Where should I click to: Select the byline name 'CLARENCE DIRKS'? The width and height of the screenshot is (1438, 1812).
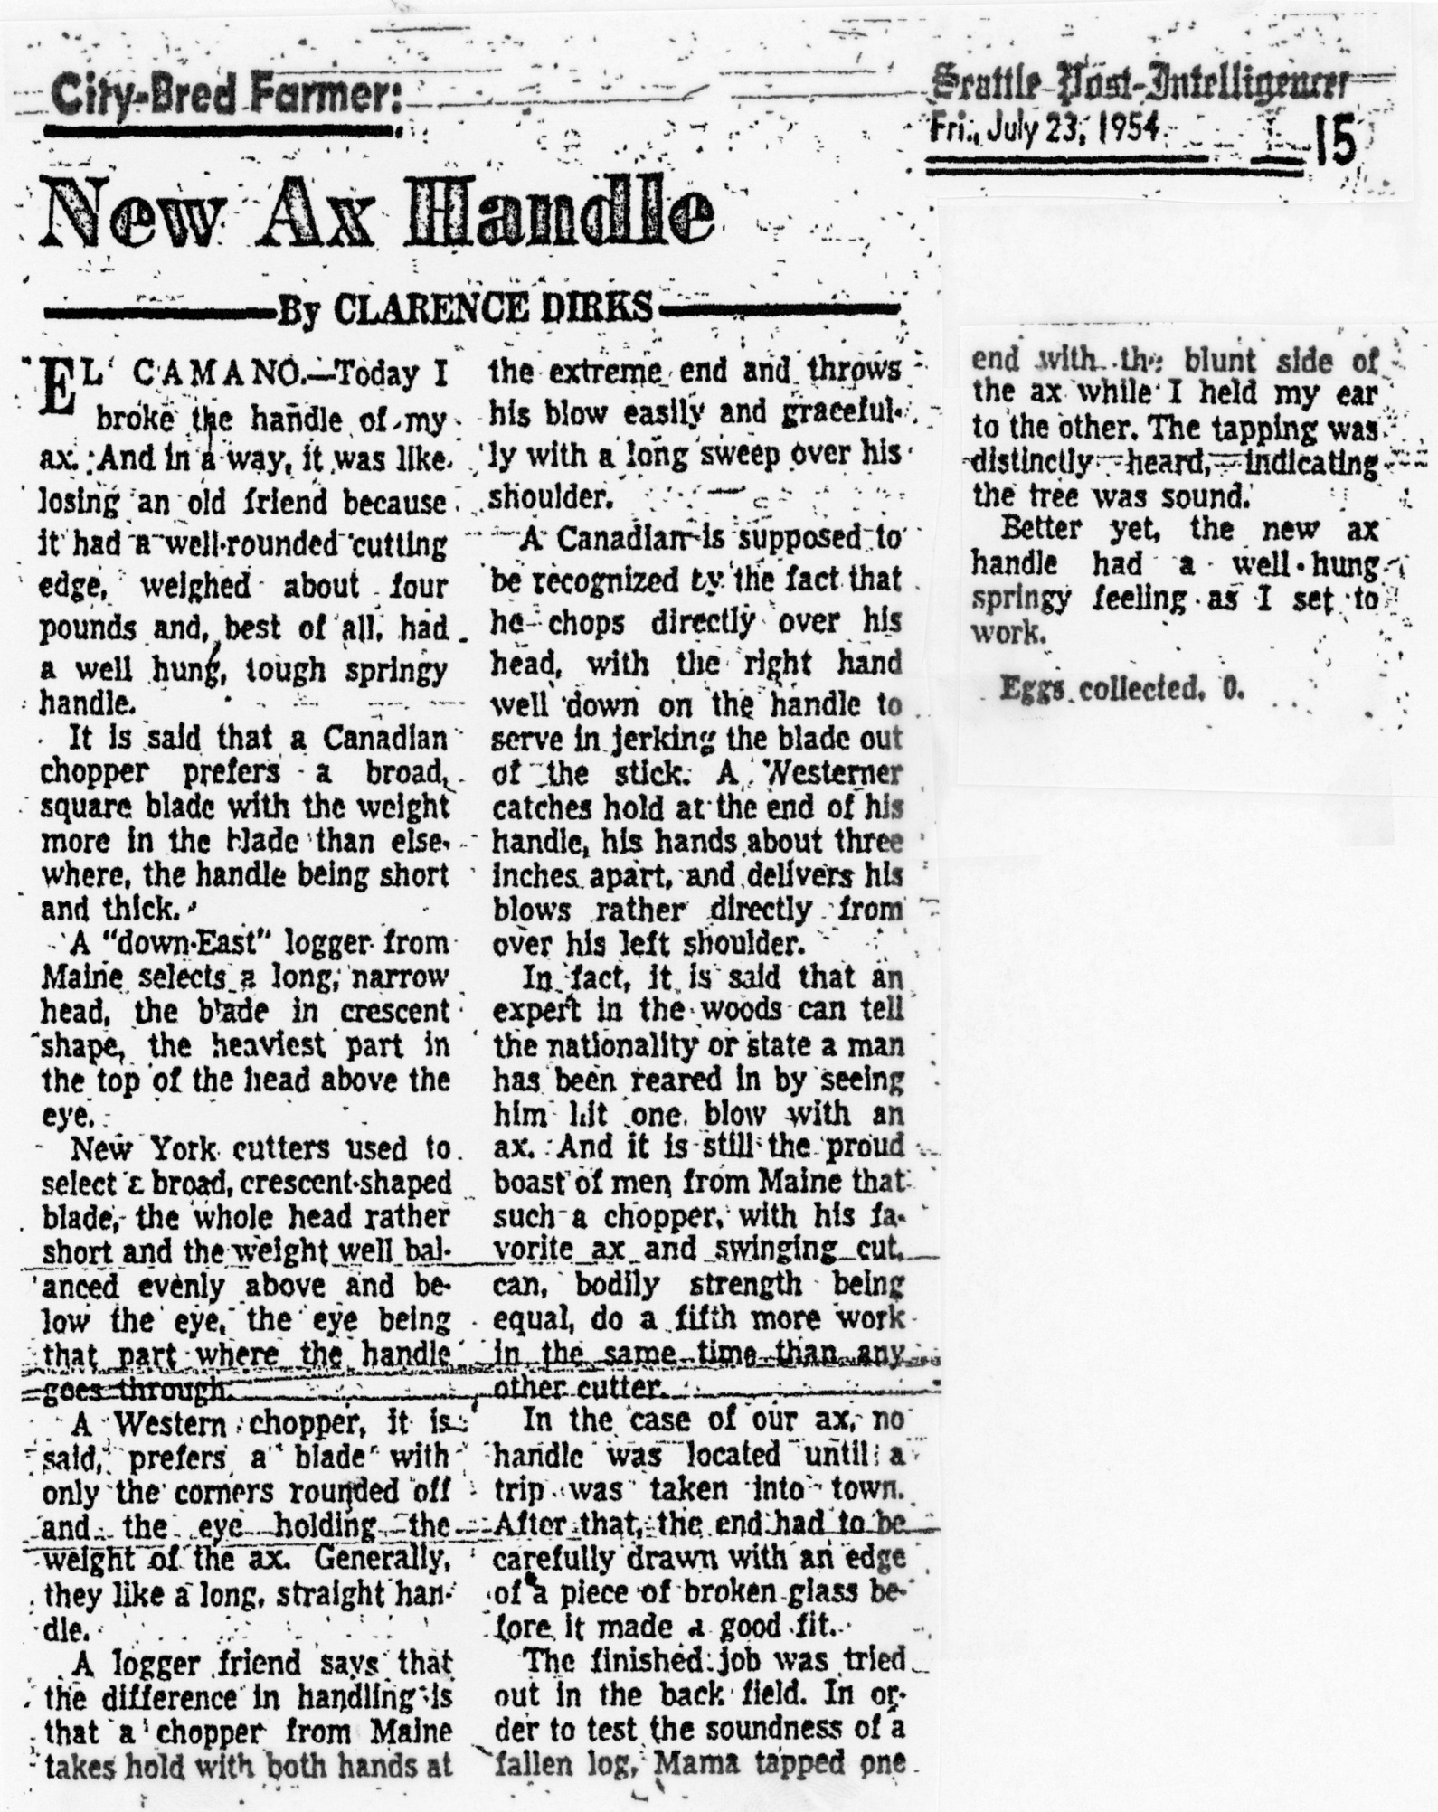pyautogui.click(x=492, y=309)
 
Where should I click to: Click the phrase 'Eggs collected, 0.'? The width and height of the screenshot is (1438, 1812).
pyautogui.click(x=1121, y=689)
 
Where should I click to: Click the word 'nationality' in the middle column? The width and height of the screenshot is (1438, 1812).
pyautogui.click(x=633, y=1046)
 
